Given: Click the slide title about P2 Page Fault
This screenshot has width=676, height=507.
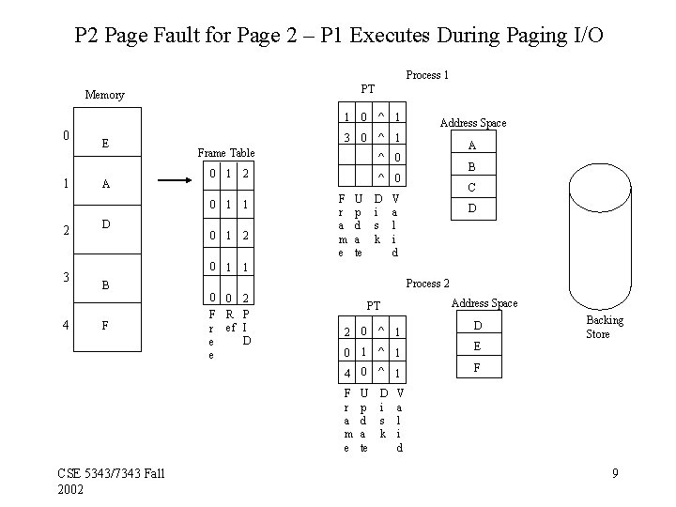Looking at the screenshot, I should (338, 36).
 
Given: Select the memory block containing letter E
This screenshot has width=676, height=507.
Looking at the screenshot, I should (106, 144).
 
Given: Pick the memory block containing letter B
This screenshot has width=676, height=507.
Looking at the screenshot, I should (106, 284).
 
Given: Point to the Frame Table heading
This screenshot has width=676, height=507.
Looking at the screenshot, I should (225, 152).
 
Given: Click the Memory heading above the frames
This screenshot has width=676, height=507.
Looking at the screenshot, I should (104, 95).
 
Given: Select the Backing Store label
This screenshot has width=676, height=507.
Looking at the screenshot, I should (604, 327).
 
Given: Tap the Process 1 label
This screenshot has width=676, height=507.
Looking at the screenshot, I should (426, 74).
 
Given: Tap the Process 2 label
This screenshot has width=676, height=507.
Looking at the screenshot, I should (427, 283).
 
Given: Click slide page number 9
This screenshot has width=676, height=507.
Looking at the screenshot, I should (615, 472).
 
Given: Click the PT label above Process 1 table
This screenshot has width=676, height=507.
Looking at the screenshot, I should (368, 88).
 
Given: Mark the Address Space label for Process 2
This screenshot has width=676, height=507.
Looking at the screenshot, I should (484, 302).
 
